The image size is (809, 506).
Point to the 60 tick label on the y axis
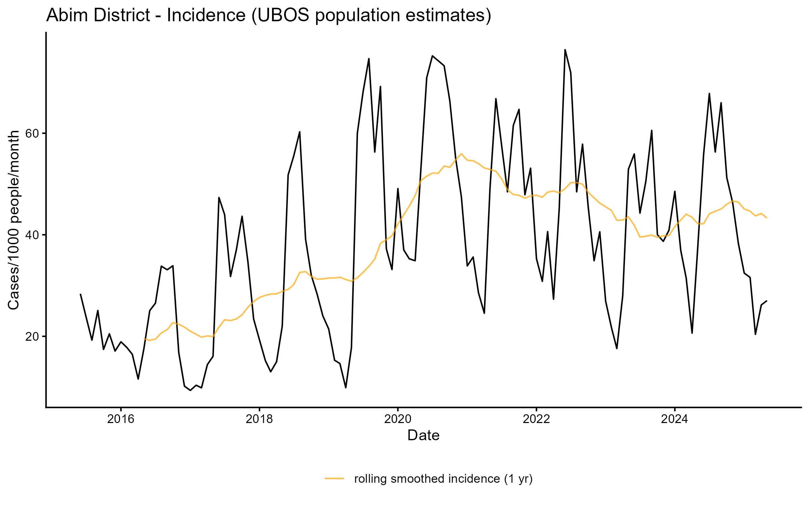33,134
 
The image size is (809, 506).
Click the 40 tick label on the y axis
33,235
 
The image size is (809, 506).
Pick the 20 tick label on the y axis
33,337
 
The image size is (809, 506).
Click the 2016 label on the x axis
121,419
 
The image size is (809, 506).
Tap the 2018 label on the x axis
259,419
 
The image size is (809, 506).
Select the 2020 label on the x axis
398,419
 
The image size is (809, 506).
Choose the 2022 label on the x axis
536,419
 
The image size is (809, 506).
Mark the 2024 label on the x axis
675,419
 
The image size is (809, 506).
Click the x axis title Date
423,435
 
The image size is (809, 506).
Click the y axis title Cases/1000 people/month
14,220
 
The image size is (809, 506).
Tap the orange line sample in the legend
334,478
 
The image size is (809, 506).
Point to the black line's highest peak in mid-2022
565,50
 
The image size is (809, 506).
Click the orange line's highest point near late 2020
461,154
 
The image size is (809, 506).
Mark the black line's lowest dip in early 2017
190,390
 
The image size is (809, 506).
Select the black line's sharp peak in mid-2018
300,132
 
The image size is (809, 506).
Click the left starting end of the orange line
144,339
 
